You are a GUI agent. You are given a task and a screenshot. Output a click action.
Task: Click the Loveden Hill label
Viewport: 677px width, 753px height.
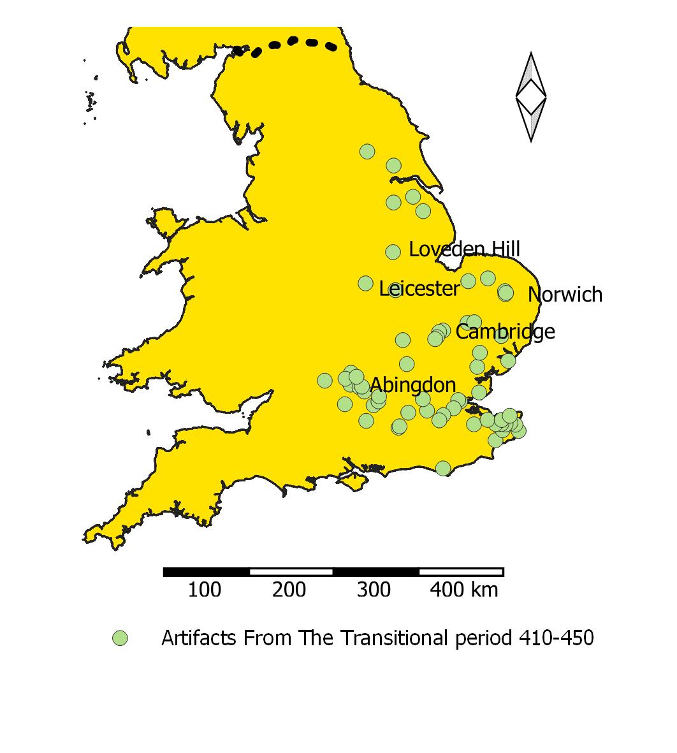tap(464, 249)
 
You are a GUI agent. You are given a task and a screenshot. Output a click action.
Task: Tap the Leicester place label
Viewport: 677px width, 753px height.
tap(419, 289)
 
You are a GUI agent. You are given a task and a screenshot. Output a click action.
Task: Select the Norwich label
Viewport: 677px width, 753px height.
tap(565, 295)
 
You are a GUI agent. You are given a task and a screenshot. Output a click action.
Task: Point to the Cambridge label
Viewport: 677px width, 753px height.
tap(505, 332)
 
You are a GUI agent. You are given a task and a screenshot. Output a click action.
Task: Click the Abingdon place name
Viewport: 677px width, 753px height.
tap(412, 385)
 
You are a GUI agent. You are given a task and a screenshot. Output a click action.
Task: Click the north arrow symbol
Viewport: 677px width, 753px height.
tap(531, 97)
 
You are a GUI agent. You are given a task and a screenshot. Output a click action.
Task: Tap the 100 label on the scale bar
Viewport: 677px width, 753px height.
tap(205, 590)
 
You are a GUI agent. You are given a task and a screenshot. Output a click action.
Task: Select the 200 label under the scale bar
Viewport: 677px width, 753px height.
tap(289, 590)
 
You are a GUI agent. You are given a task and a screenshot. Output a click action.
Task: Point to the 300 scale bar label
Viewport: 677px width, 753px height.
tap(374, 590)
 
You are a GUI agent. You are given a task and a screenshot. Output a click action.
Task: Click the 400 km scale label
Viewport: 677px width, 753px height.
tap(463, 590)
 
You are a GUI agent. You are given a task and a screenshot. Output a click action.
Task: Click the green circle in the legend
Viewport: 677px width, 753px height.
tap(120, 638)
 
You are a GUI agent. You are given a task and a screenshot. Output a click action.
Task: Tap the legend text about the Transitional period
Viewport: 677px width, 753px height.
tap(377, 638)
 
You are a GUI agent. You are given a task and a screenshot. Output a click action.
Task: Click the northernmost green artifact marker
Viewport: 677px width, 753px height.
tap(367, 151)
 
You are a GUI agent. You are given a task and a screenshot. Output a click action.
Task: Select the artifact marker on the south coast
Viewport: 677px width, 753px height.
tap(443, 469)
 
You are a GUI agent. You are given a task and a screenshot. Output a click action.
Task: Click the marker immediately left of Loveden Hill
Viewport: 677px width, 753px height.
tap(393, 252)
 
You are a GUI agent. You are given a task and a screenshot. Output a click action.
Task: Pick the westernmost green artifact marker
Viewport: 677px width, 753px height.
tap(324, 381)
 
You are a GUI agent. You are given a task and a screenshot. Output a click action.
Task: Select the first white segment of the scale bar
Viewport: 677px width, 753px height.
tap(291, 572)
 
